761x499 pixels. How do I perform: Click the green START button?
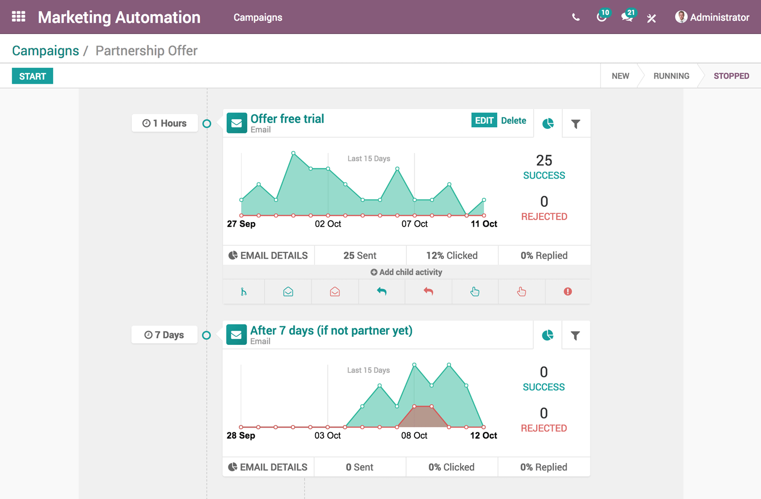point(32,77)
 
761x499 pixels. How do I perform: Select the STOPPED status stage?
point(731,76)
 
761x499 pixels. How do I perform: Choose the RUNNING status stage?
point(671,76)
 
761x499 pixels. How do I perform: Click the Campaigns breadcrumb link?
point(46,51)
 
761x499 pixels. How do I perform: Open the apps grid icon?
point(19,17)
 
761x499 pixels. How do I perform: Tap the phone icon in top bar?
point(576,17)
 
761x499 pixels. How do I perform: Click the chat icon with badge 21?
point(627,17)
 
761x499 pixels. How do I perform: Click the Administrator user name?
point(719,17)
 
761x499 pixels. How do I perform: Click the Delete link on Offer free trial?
point(513,121)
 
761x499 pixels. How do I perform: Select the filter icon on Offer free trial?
point(576,124)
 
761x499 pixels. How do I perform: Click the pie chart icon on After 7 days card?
point(547,335)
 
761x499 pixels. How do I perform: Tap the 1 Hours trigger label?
point(165,123)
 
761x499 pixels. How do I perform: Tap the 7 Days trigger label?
point(164,335)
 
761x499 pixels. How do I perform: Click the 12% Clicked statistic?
point(452,256)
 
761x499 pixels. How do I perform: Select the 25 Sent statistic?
point(360,256)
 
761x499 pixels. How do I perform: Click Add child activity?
point(406,272)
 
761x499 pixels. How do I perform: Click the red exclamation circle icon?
point(568,292)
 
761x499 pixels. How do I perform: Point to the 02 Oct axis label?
point(328,224)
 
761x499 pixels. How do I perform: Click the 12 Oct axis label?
point(483,436)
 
